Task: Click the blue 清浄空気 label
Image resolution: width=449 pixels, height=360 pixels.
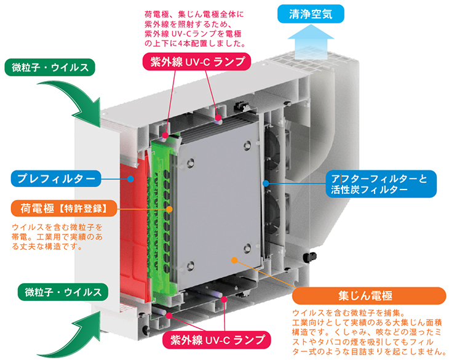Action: [311, 14]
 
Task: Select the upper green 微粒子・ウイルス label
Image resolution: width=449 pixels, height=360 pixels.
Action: [50, 68]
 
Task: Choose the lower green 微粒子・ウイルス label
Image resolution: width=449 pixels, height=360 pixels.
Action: [63, 292]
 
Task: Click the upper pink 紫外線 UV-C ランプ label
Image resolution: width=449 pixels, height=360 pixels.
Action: [197, 62]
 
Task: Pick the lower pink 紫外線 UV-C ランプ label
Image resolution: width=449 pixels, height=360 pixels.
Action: [217, 340]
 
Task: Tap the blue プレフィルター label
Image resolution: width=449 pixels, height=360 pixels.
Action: [56, 178]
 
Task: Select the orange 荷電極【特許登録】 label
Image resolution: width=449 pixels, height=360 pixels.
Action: [64, 209]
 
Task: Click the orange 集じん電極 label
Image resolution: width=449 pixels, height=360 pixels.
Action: [369, 295]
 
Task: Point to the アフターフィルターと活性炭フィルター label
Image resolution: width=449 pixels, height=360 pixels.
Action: [381, 184]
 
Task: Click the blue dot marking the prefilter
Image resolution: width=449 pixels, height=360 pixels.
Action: [130, 179]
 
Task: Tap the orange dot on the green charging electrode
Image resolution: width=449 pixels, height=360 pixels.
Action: [170, 209]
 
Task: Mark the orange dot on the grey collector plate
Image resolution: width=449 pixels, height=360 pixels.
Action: [234, 260]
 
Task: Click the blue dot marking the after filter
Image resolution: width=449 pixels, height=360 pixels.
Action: [266, 183]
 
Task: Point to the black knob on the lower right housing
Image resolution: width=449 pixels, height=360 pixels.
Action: [310, 257]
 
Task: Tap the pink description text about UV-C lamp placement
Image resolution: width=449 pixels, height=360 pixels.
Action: [195, 29]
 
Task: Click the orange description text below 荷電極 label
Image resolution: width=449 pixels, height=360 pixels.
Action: [57, 237]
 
